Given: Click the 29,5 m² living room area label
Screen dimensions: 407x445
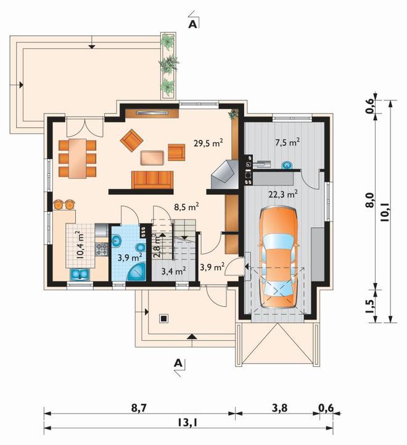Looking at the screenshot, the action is tap(208, 143).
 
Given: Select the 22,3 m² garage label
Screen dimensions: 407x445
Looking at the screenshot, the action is tap(283, 194).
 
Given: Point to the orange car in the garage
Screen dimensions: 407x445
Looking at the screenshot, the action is tap(279, 258).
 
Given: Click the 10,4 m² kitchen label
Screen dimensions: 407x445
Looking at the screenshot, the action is tap(80, 244).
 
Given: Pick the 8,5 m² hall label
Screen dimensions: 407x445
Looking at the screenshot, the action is tap(186, 206).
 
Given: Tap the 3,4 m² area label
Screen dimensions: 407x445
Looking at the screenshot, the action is tap(174, 271).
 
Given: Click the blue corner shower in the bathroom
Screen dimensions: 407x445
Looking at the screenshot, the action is tap(136, 272).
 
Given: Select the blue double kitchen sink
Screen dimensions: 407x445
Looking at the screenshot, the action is tap(80, 274).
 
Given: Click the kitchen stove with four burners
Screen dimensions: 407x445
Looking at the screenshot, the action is tap(102, 249).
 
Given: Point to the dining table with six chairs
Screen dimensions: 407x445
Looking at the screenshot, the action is tap(77, 158).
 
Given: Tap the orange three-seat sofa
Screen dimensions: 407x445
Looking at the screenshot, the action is tap(152, 180).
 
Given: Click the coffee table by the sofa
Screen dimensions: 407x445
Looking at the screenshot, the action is tap(152, 158).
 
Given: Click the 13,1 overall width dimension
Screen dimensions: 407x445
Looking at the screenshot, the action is tap(187, 423).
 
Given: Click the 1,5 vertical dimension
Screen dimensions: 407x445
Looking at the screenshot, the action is tap(370, 306).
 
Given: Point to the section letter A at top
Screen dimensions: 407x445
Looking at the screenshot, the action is tap(192, 25).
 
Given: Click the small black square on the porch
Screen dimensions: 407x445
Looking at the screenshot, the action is tap(163, 319).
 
